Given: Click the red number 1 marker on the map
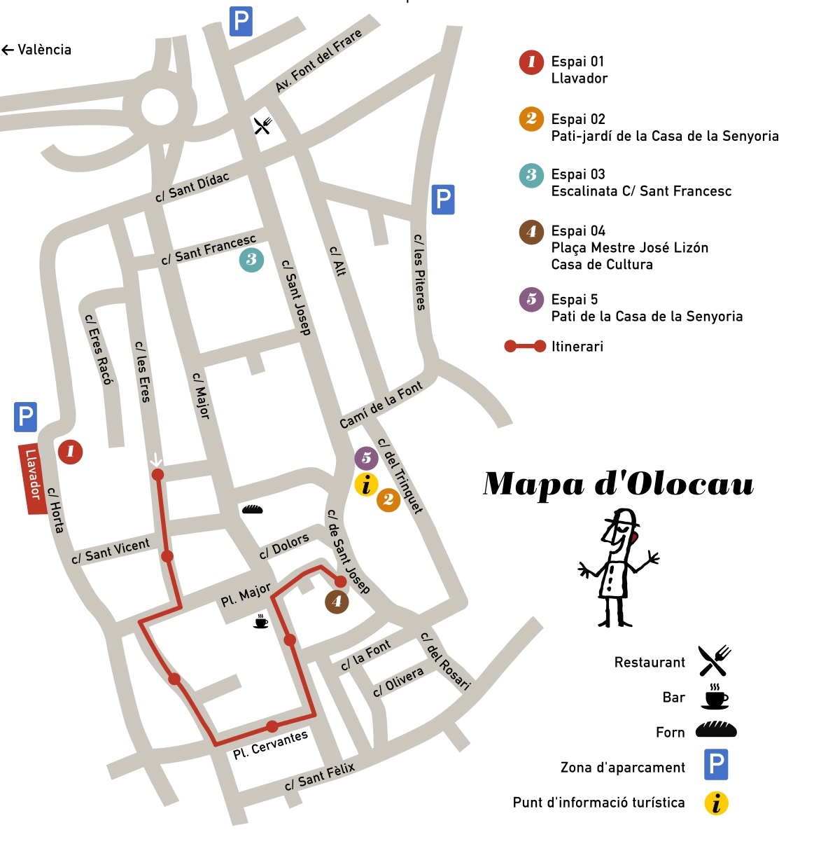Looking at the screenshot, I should [70, 452].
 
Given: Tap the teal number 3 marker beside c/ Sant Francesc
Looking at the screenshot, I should [251, 260].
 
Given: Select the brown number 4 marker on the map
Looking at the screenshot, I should [337, 602].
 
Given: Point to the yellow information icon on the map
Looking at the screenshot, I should [366, 484].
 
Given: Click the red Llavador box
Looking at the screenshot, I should [32, 479].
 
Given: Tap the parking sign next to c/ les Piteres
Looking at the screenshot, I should [442, 200].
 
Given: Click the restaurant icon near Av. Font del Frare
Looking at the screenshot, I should [262, 126].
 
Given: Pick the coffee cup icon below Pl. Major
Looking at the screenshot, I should [260, 621].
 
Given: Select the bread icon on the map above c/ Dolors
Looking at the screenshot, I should [252, 509].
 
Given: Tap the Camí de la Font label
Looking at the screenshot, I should [381, 405].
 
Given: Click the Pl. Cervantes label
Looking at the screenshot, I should [270, 745].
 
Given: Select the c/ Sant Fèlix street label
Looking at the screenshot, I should [320, 776].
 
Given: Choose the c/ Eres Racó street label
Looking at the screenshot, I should [98, 349].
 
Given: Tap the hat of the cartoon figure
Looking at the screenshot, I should [622, 519].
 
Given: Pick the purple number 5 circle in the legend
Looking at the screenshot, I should [531, 300].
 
